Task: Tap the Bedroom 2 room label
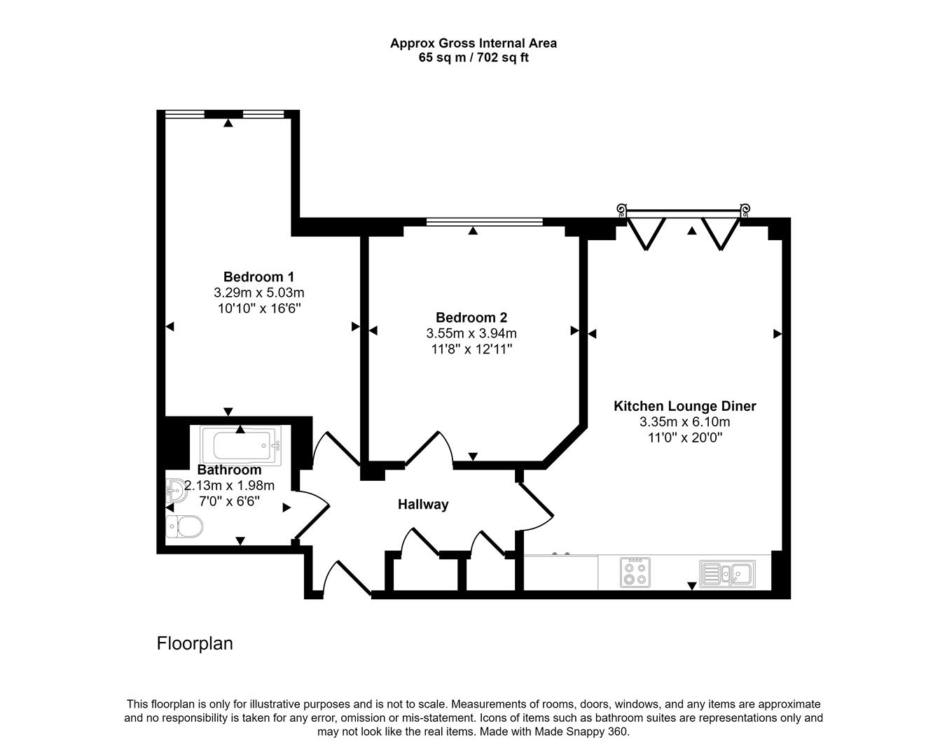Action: (471, 317)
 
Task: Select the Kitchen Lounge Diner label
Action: (684, 406)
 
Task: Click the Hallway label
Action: (423, 505)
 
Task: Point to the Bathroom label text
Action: (229, 470)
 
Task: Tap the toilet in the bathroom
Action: (185, 526)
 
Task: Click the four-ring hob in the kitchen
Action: (635, 572)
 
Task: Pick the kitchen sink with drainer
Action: (726, 573)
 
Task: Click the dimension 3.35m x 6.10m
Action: (684, 422)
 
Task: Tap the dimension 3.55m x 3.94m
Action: (471, 333)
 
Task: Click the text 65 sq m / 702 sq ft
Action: (473, 58)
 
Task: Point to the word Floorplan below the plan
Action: (195, 643)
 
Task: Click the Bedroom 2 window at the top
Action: (484, 223)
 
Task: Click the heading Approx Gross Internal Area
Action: (473, 43)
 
